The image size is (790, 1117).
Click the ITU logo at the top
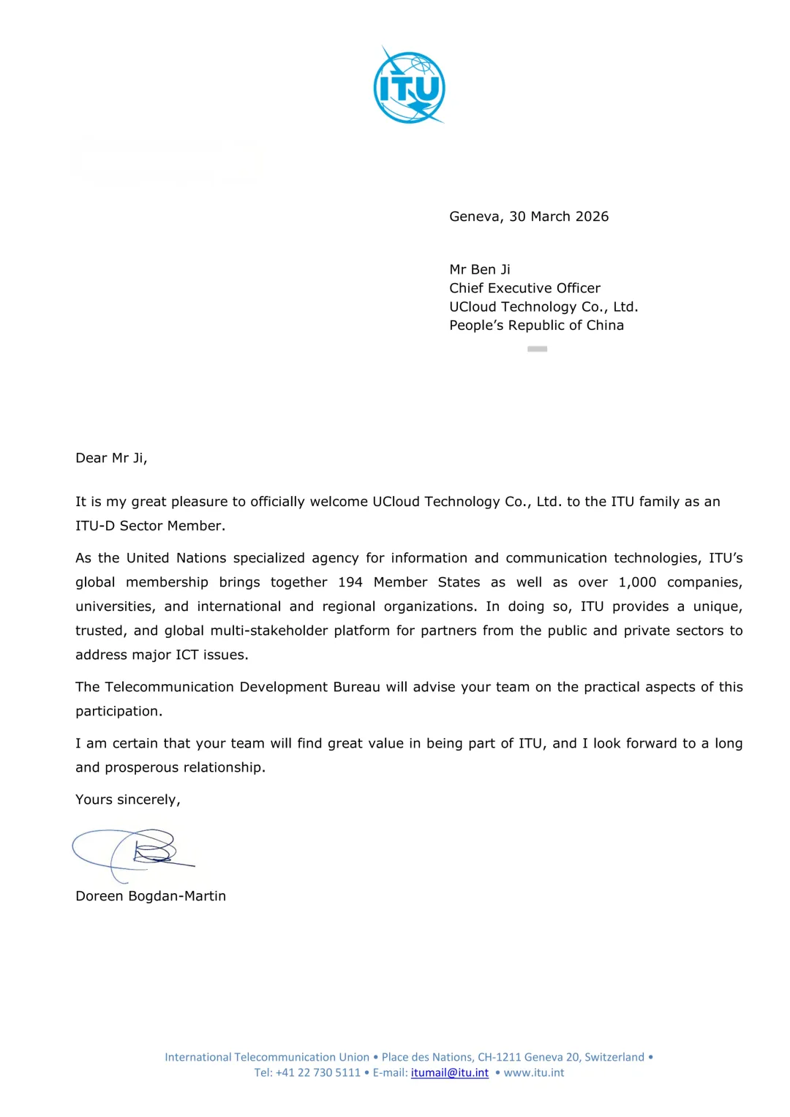[409, 86]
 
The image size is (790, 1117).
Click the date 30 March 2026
[559, 217]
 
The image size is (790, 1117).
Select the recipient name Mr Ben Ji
[480, 269]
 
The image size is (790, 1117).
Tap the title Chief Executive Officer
[524, 288]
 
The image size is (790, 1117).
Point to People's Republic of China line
[536, 326]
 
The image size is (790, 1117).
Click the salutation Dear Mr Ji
[111, 458]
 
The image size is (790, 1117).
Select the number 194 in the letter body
[350, 582]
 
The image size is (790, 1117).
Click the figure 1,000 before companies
[637, 582]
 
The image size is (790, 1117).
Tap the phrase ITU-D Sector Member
[150, 526]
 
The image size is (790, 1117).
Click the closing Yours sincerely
[127, 800]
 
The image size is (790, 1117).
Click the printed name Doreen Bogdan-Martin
[151, 896]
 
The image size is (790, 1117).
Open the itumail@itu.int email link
[449, 1073]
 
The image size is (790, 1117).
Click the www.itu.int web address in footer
[534, 1073]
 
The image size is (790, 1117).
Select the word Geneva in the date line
[475, 217]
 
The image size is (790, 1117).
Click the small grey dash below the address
[537, 349]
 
